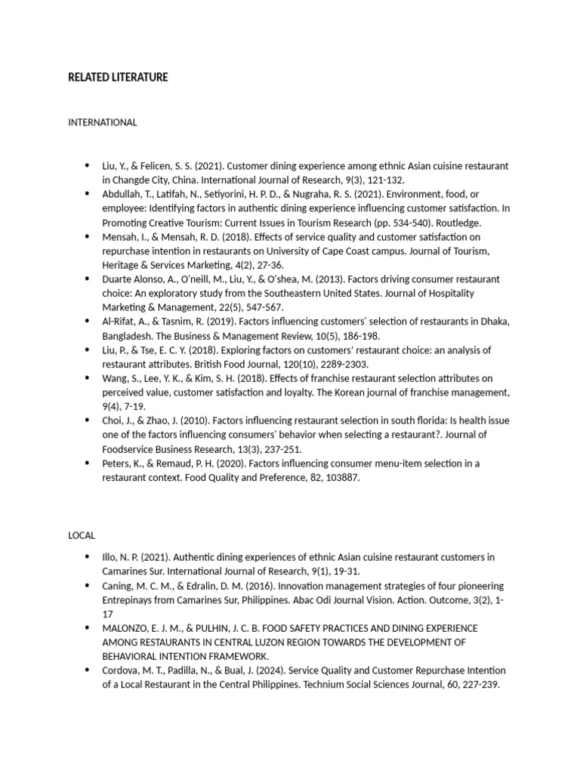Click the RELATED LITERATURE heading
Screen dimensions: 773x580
tap(118, 78)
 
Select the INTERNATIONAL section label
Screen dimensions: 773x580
tap(103, 122)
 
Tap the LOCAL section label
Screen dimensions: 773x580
tap(82, 535)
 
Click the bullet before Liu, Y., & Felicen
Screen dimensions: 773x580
tap(89, 165)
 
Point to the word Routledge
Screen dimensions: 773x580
tap(456, 223)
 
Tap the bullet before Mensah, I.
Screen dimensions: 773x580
tap(89, 236)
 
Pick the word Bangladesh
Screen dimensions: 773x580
tap(128, 336)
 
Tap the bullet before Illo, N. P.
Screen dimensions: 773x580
tap(89, 557)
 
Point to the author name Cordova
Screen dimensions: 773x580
tap(122, 670)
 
